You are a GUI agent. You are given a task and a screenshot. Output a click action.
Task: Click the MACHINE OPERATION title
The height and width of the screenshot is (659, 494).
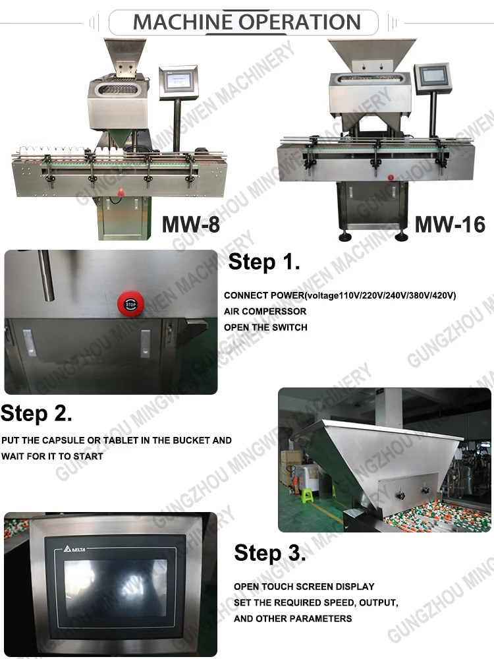pyautogui.click(x=247, y=22)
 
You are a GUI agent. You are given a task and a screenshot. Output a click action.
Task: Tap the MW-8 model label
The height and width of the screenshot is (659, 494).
pyautogui.click(x=191, y=224)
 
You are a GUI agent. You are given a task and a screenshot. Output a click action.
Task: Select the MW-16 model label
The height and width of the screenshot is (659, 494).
pyautogui.click(x=450, y=224)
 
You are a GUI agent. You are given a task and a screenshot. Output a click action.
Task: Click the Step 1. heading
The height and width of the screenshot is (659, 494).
pyautogui.click(x=264, y=262)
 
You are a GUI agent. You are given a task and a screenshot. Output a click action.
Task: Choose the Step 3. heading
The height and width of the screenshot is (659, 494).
pyautogui.click(x=270, y=552)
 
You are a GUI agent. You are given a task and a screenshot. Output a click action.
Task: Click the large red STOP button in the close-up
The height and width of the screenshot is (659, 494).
pyautogui.click(x=130, y=303)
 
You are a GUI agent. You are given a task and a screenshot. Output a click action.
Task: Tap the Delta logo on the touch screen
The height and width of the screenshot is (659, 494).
pyautogui.click(x=74, y=548)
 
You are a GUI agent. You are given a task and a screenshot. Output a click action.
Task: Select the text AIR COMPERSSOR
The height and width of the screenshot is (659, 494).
pyautogui.click(x=265, y=312)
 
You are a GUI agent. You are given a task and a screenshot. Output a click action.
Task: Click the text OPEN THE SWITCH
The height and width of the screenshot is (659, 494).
pyautogui.click(x=265, y=328)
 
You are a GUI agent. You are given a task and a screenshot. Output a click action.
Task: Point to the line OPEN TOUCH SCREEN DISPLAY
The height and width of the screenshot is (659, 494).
pyautogui.click(x=304, y=587)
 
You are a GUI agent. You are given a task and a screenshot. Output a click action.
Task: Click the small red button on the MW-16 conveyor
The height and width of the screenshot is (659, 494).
pyautogui.click(x=391, y=178)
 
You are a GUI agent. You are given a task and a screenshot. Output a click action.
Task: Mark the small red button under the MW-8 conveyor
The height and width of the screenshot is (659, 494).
pyautogui.click(x=121, y=194)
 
